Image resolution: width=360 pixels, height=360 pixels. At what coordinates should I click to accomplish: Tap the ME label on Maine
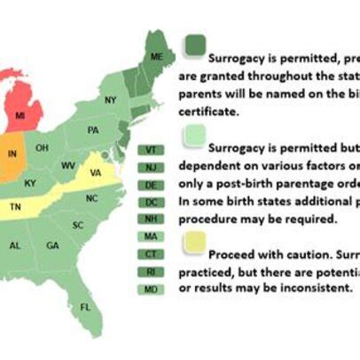pos(156,57)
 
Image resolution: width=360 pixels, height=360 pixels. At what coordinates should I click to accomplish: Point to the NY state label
pos(110,100)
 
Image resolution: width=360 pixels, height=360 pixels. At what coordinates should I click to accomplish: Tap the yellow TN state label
pos(15,206)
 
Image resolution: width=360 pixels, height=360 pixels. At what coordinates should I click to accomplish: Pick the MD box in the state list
pos(151,289)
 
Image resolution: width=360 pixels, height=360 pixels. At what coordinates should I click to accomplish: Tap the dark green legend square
pos(194,45)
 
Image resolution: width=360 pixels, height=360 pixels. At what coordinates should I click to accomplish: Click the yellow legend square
pos(193,241)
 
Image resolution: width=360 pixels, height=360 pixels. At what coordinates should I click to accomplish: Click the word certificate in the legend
pos(208,113)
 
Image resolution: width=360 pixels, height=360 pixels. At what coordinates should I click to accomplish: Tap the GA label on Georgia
pos(52,246)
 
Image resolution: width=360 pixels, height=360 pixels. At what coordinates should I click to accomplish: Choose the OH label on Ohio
pos(42,148)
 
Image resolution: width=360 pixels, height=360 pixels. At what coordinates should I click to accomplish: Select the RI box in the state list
pos(151,272)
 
